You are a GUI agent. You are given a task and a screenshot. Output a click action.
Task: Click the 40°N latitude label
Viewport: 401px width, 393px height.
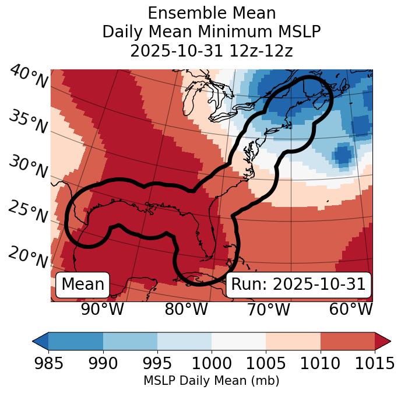[29, 77]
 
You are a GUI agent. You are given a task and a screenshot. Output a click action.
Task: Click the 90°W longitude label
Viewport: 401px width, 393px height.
[103, 309]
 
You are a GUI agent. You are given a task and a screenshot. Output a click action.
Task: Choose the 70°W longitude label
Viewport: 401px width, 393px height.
[268, 309]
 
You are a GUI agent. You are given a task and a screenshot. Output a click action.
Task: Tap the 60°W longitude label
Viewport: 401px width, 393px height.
[351, 309]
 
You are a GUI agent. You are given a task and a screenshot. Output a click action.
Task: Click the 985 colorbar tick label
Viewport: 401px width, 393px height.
[48, 363]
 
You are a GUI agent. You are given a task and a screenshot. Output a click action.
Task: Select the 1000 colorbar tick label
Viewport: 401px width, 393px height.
[212, 363]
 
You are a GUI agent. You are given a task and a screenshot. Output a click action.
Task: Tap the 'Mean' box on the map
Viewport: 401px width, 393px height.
[83, 284]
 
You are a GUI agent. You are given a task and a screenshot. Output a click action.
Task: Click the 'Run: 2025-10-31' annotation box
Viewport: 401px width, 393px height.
[298, 284]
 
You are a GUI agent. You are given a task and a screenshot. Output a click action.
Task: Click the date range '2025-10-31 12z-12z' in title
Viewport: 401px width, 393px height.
[212, 51]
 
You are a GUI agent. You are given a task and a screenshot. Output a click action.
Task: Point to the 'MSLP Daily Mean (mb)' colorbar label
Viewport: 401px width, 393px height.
[212, 381]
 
